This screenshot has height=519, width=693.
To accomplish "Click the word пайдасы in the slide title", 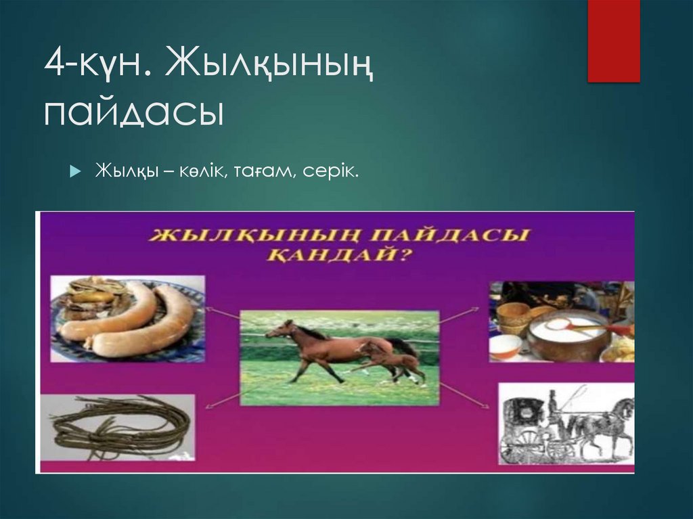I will point(134,112).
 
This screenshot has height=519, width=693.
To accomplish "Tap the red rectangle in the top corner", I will point(613,41).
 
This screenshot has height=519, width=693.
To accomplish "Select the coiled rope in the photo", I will point(122,426).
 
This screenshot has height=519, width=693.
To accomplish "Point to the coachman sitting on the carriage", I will point(552,406).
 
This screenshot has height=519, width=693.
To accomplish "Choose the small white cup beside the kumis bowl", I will point(505,346).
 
